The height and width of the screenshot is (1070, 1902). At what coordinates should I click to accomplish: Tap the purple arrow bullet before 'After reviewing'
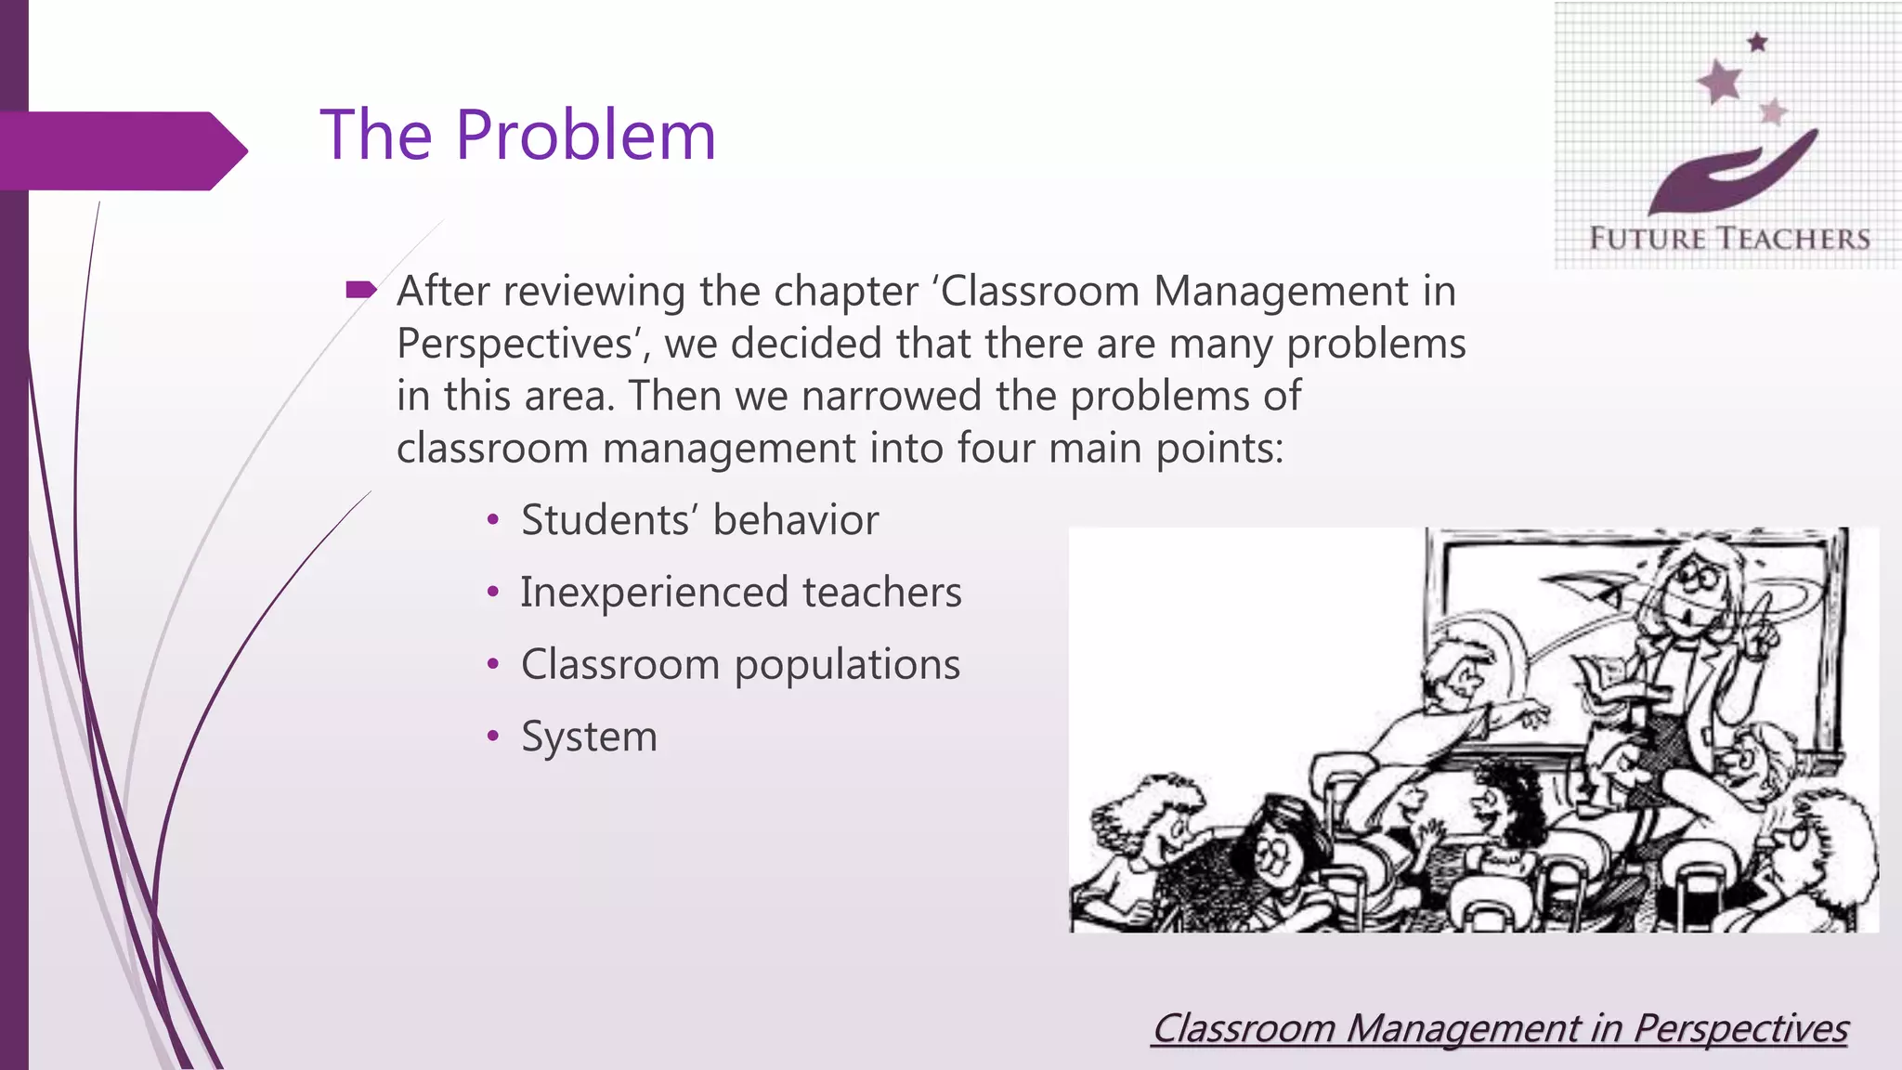(360, 291)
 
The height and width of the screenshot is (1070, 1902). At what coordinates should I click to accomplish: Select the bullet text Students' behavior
(699, 519)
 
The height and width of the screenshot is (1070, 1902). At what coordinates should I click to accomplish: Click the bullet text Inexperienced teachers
(740, 592)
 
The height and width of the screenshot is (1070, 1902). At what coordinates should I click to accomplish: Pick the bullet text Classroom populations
(740, 664)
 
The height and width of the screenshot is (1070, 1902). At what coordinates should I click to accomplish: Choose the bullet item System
(589, 737)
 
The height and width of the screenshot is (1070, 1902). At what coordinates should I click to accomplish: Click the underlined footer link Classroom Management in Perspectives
(1499, 1028)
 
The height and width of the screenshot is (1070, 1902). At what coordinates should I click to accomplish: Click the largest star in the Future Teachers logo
(1720, 82)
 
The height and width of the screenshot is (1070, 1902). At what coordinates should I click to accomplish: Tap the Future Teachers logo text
(1729, 239)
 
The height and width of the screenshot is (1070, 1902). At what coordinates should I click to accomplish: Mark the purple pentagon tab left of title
(121, 150)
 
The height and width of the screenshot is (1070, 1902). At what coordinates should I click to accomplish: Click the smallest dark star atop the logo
(1757, 42)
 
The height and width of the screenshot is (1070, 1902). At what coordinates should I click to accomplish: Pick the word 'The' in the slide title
(375, 136)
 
